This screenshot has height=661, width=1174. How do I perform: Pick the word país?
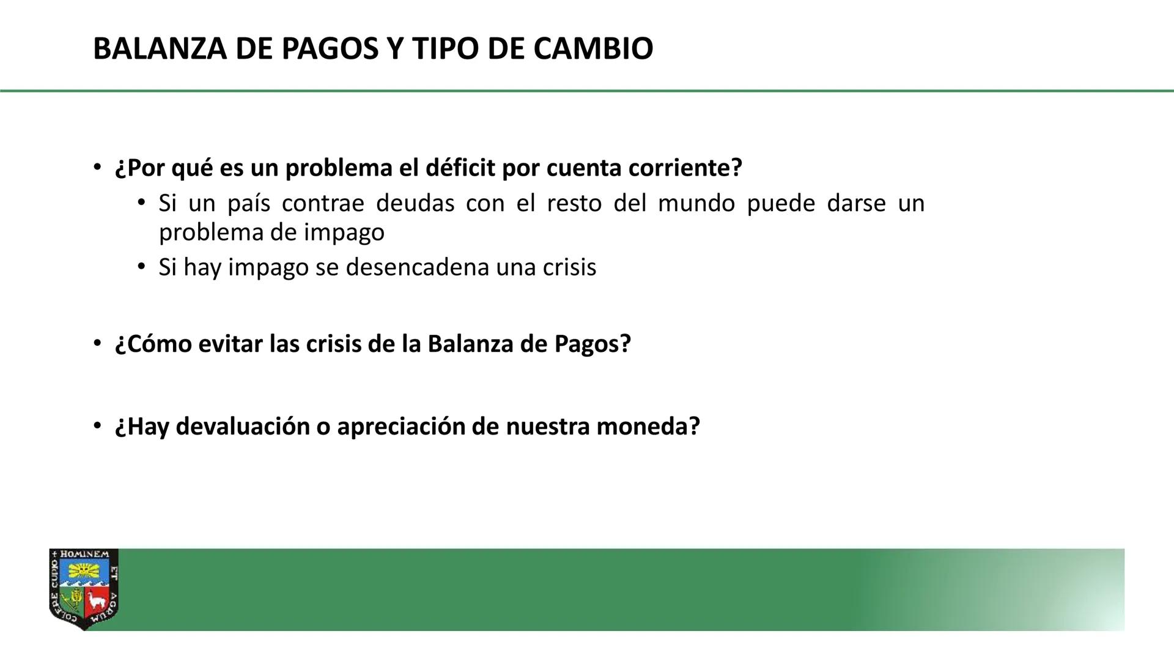point(248,204)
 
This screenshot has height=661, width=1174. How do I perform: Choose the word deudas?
point(415,203)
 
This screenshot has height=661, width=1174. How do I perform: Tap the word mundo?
point(696,203)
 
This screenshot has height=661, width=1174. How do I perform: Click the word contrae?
point(323,203)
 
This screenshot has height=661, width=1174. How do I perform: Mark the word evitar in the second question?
point(231,344)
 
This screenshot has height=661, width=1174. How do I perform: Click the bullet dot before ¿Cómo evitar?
point(97,343)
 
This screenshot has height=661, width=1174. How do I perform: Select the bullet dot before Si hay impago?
point(141,267)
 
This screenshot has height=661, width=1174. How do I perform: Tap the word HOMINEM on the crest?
point(84,555)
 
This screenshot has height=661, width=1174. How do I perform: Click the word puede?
point(781,204)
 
